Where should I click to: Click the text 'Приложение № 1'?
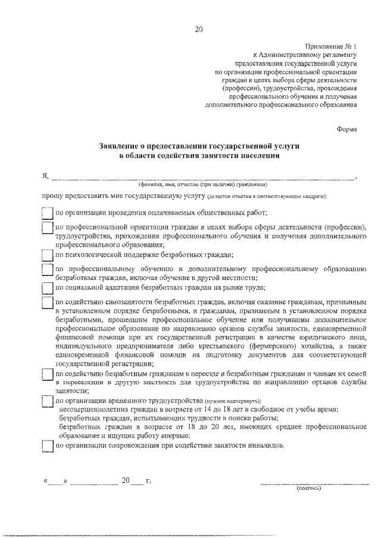[331, 46]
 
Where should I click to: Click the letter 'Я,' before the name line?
[45, 177]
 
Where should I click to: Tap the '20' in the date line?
[126, 480]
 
